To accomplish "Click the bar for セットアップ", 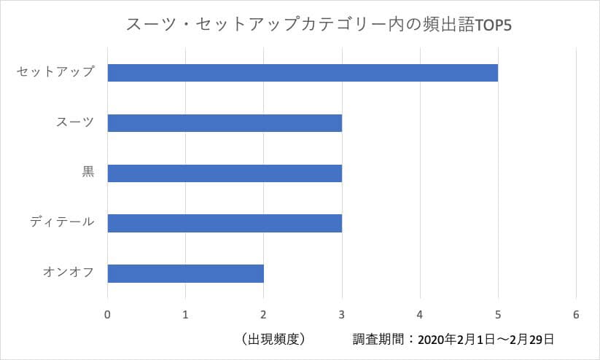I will (303, 73).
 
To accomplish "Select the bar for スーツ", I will (225, 123).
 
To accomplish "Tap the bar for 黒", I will (225, 173).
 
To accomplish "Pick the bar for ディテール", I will (225, 223).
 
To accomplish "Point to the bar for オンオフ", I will (185, 273).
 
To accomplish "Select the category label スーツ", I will (75, 122).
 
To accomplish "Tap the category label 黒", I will (87, 173).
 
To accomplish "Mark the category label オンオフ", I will (69, 273).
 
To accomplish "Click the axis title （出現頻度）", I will (271, 339).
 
